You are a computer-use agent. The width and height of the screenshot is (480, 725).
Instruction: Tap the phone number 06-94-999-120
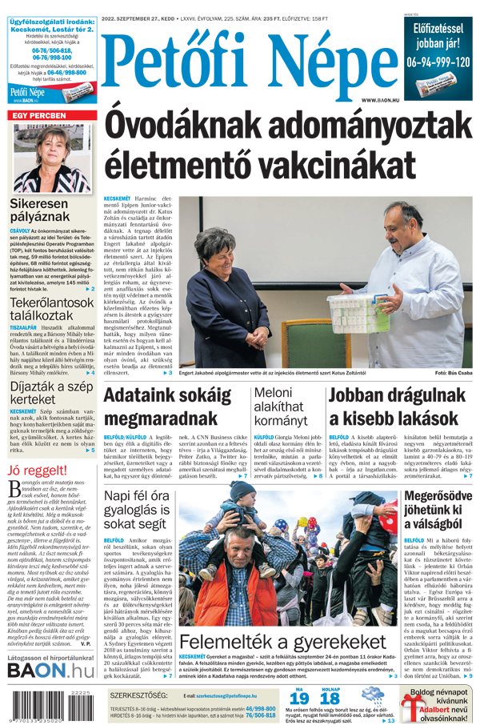[x=437, y=62]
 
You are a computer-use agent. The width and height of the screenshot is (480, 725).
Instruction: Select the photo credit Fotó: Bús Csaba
[x=454, y=373]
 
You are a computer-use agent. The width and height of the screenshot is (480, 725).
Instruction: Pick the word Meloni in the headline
[x=274, y=393]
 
